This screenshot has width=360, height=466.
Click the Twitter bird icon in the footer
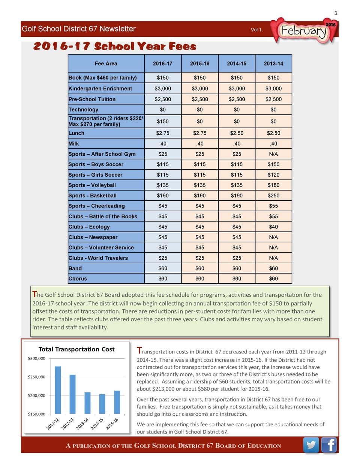(311, 445)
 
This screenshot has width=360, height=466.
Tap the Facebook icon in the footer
(329, 445)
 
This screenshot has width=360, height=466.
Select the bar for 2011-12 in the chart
(58, 390)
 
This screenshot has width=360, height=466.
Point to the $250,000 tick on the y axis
(36, 377)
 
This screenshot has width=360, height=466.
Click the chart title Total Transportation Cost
(77, 349)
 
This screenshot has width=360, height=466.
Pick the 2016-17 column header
(163, 64)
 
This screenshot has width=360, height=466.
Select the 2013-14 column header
(273, 64)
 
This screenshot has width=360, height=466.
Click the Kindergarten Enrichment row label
(100, 89)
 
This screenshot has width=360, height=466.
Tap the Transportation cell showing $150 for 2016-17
(163, 122)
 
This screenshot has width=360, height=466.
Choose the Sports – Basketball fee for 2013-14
(273, 195)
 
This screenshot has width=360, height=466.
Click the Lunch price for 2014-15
(237, 133)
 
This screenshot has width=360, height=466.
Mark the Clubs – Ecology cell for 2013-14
(273, 227)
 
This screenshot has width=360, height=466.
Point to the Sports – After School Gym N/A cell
(273, 154)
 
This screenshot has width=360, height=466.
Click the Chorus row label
(78, 279)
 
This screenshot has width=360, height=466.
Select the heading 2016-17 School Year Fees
(115, 47)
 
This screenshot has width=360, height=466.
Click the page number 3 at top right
(336, 14)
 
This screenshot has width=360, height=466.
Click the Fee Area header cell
(106, 64)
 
